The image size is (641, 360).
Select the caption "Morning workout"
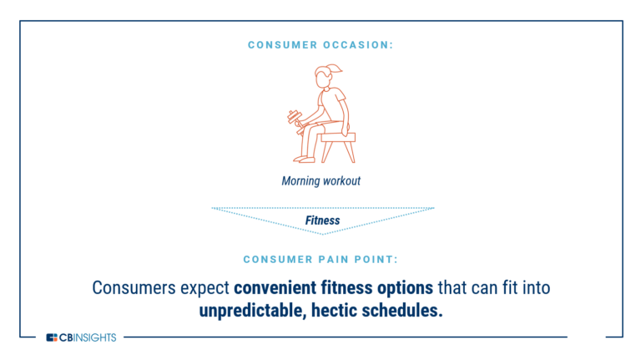[x=321, y=180]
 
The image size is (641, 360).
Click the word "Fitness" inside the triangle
[x=322, y=221]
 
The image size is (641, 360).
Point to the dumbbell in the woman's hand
[x=293, y=118]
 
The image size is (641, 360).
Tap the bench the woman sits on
[x=337, y=142]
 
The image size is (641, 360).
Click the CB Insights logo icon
[x=52, y=337]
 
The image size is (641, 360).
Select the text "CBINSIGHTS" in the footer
[x=88, y=337]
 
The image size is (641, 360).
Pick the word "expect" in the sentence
[x=204, y=288]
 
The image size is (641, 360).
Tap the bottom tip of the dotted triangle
[x=322, y=233]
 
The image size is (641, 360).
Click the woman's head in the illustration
[x=325, y=77]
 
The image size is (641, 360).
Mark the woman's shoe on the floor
[x=305, y=159]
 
